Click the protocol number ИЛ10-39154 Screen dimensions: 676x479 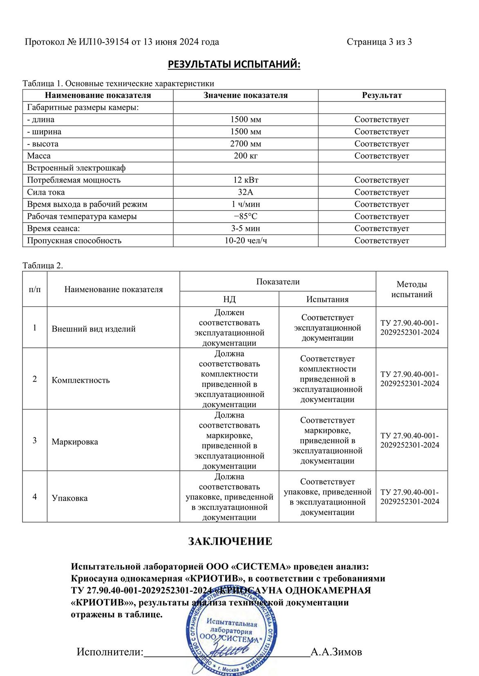(104, 42)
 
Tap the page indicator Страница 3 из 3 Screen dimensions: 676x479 (379, 42)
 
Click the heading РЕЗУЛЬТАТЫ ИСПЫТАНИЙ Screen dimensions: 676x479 (234, 64)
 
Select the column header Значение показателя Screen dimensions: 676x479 (246, 95)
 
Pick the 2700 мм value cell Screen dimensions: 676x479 (246, 144)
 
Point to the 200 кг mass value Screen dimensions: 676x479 (246, 156)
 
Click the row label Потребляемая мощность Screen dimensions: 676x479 (74, 180)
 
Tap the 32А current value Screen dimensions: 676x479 (246, 192)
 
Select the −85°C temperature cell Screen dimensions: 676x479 (246, 216)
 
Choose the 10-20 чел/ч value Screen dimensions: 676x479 (246, 241)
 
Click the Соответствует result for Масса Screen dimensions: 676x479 (382, 156)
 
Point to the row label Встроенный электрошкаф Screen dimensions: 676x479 (76, 168)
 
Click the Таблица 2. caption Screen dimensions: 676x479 (43, 266)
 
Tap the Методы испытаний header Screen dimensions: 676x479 (412, 289)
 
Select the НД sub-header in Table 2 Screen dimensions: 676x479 (229, 299)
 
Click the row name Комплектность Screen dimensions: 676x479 (81, 380)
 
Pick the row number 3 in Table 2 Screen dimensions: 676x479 (35, 440)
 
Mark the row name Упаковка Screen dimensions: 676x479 (70, 498)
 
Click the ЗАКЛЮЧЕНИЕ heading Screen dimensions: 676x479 (230, 541)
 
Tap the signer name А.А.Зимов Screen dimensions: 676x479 (336, 652)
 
